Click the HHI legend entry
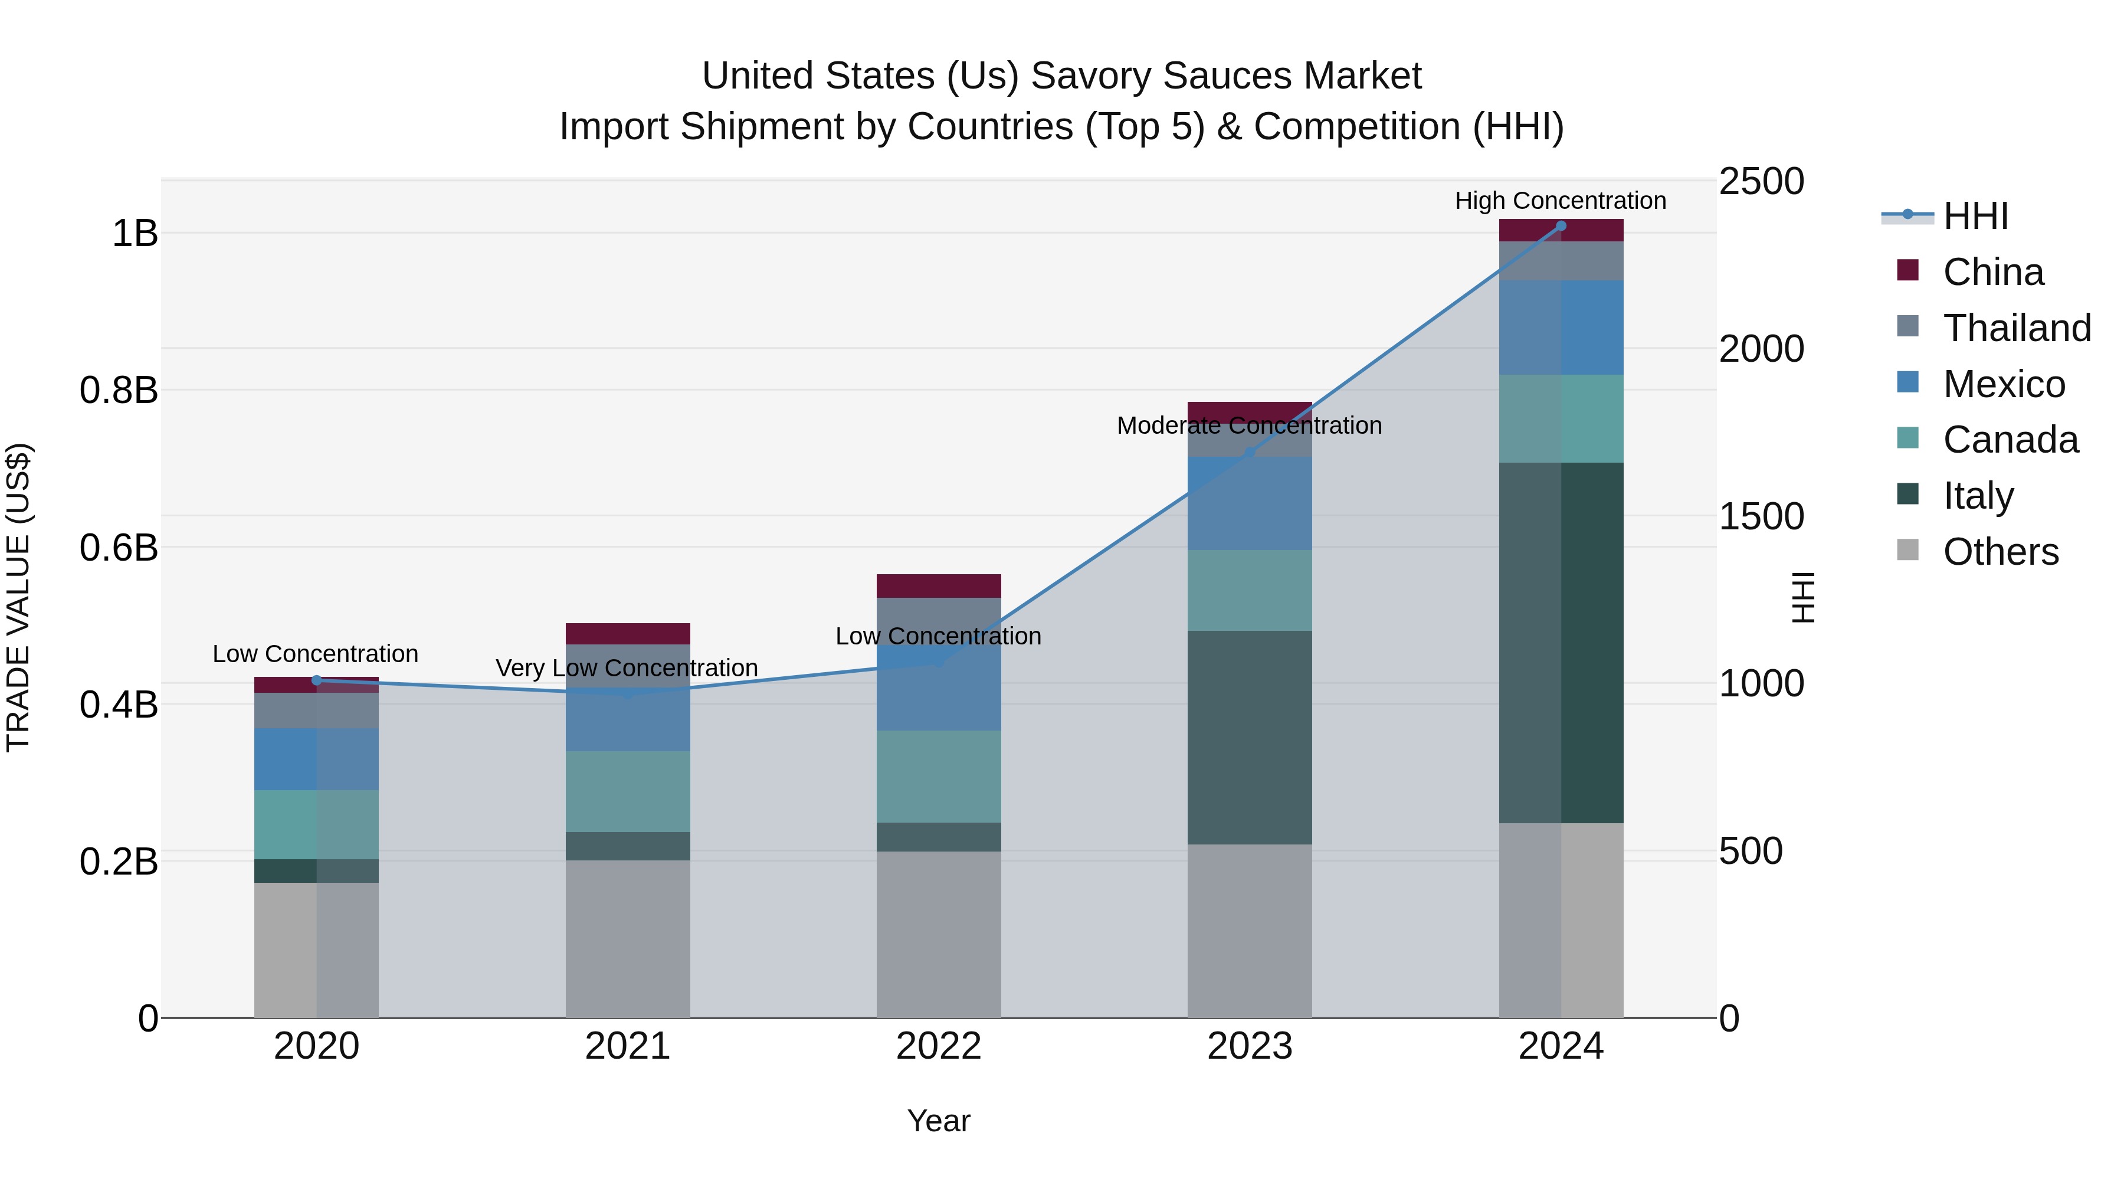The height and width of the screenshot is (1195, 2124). (x=1975, y=216)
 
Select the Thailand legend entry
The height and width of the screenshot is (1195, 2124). (x=2016, y=328)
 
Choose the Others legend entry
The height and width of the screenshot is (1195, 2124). (x=2000, y=552)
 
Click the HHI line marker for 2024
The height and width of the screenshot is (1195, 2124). (x=1560, y=226)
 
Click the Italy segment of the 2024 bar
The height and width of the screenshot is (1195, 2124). (x=1560, y=643)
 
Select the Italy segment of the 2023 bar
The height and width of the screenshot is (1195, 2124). (x=1249, y=738)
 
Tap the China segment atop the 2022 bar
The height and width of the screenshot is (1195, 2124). (x=938, y=585)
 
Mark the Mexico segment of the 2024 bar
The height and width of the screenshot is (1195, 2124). (x=1560, y=328)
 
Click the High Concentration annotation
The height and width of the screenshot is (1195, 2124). (x=1560, y=201)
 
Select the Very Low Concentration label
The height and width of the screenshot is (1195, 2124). (x=627, y=668)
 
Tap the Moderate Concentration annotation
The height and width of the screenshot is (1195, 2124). (x=1249, y=425)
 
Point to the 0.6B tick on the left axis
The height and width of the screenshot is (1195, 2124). (x=119, y=548)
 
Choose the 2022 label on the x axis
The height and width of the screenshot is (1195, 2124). (x=938, y=1046)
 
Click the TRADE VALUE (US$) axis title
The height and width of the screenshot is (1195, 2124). (x=18, y=597)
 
